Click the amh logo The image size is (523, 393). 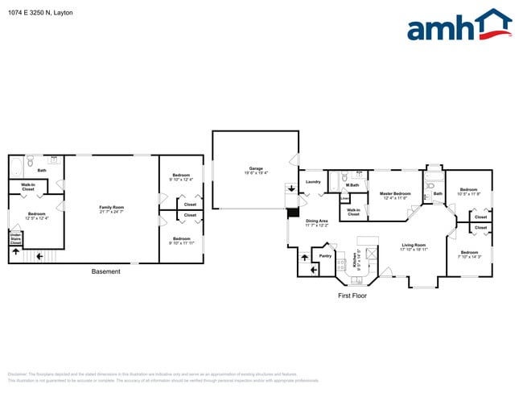point(459,26)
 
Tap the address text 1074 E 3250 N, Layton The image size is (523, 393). point(39,13)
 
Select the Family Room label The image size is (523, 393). point(111,209)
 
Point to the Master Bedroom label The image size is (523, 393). point(395,195)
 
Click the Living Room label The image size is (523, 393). point(414,246)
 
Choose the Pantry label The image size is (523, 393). point(325,256)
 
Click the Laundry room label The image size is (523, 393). point(313,182)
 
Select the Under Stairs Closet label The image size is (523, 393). point(15,238)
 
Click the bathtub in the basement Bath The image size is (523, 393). point(15,169)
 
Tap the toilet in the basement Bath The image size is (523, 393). point(29,162)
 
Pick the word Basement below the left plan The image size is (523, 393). point(105,271)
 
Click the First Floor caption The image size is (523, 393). point(352,296)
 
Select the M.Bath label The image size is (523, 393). point(352,186)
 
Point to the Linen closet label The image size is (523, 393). point(344,198)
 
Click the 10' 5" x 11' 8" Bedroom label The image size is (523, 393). point(468,192)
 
